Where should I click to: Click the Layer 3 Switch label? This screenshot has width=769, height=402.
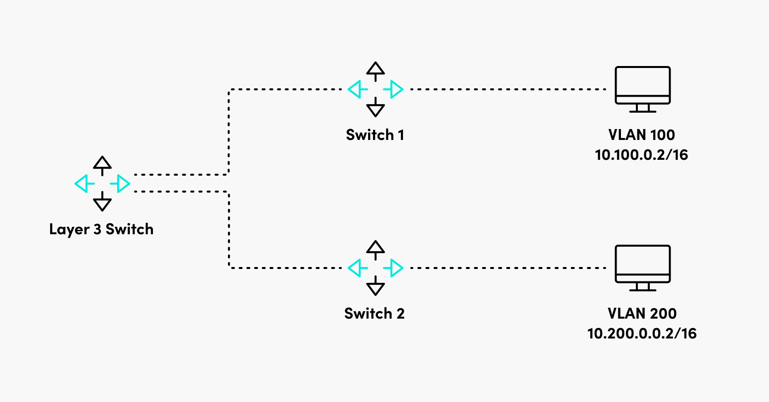101,229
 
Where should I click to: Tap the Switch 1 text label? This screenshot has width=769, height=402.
375,135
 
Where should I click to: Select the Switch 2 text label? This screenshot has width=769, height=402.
375,314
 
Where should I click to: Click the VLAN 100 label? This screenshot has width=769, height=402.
642,135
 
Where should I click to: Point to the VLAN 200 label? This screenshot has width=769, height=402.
642,314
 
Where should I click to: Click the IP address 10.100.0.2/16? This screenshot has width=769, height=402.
642,155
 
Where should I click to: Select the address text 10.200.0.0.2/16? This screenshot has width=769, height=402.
642,334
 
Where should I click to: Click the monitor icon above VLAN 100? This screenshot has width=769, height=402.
643,85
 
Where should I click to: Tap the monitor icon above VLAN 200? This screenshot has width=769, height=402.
643,264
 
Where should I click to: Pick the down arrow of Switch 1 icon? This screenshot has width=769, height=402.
376,108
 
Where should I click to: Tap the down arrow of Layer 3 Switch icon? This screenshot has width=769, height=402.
102,203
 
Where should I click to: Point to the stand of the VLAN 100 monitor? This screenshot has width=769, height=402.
643,108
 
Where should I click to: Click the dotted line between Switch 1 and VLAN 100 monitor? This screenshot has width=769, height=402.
507,89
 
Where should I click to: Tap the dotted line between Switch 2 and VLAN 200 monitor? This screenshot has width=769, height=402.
507,268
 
